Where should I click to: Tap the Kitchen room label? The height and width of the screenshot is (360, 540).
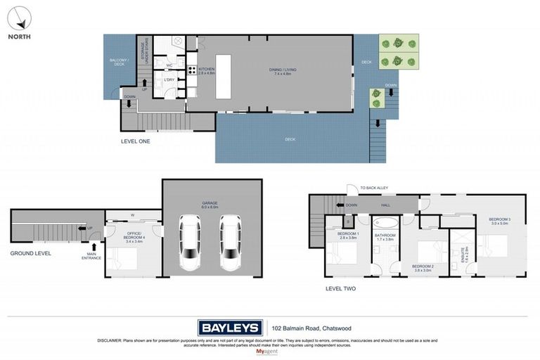205,70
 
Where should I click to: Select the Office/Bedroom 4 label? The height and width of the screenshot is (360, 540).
134,236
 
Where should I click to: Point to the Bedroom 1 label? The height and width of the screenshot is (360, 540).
348,235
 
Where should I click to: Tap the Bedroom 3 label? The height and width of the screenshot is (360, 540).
500,221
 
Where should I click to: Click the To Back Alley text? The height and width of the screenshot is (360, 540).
374,188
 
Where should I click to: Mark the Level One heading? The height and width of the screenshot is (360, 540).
135,141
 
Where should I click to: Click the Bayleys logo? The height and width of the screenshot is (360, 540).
230,327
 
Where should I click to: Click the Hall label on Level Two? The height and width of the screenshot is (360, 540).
385,205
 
